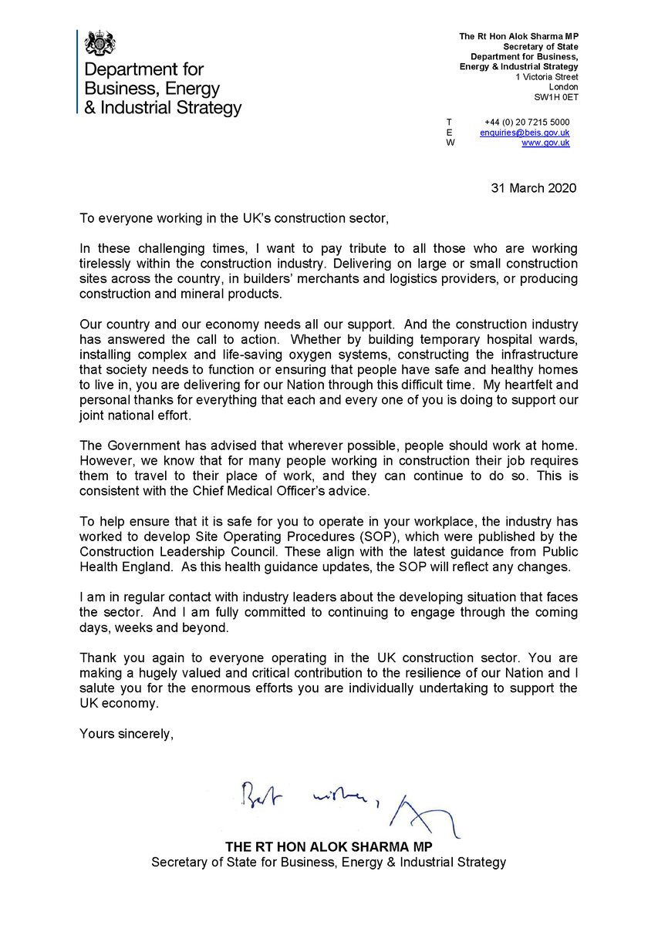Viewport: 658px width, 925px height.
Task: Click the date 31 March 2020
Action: (x=534, y=188)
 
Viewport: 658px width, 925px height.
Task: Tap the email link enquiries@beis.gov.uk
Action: (x=525, y=133)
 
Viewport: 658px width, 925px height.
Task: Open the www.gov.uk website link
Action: (x=545, y=143)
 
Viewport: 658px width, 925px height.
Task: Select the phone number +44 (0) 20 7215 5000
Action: (x=527, y=123)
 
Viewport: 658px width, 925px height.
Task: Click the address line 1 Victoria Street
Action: (x=547, y=77)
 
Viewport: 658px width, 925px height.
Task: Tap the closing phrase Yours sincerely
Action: (x=127, y=734)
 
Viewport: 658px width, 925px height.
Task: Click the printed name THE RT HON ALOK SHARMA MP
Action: (x=329, y=846)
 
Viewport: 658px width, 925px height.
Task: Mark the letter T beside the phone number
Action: (x=450, y=123)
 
